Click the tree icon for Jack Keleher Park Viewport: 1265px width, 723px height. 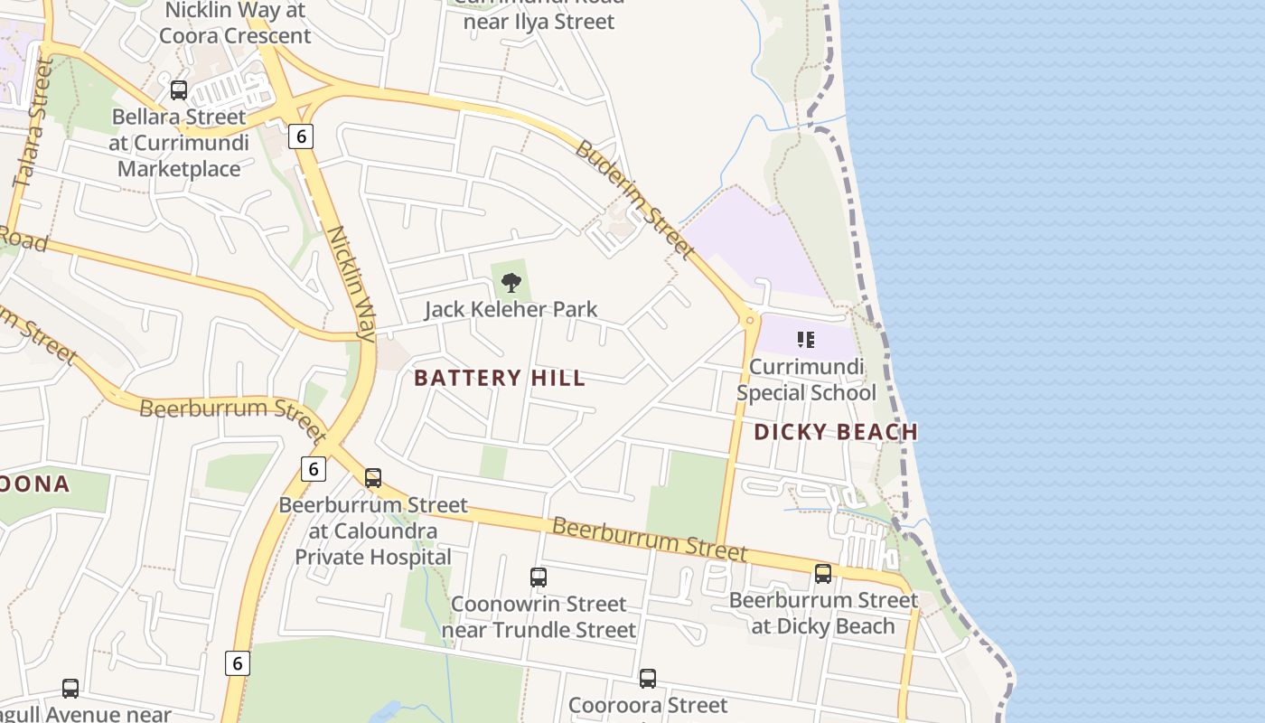tap(511, 283)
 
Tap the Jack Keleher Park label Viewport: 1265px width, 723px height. tap(511, 309)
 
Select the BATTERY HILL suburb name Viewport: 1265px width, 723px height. tap(500, 378)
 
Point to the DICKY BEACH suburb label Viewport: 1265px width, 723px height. tap(836, 432)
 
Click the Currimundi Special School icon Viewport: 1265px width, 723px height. tap(806, 340)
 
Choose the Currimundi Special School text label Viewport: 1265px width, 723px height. tap(806, 380)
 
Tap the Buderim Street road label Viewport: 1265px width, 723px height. tap(634, 200)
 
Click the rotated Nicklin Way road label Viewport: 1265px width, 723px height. tap(351, 283)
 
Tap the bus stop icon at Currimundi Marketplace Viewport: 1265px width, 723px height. tap(179, 90)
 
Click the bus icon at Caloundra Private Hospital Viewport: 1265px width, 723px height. tap(373, 478)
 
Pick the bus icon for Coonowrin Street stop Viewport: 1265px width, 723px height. tap(539, 577)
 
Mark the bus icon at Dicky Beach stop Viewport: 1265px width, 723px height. tap(823, 574)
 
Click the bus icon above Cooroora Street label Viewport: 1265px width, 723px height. tap(648, 679)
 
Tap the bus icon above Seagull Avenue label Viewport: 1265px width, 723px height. tap(70, 689)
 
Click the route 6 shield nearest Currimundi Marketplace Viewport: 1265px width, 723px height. tap(301, 136)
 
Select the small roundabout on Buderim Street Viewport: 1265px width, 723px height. tap(749, 319)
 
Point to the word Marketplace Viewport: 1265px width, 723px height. tap(179, 169)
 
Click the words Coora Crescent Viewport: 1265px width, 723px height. tap(235, 36)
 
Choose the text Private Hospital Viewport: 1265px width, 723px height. tap(373, 557)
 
